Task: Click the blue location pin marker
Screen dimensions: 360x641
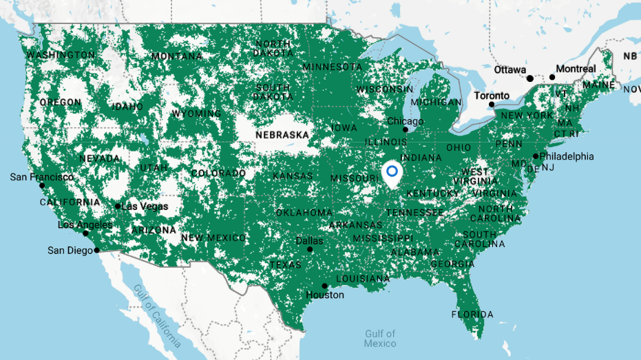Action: tap(393, 173)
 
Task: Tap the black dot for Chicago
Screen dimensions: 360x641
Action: tap(406, 129)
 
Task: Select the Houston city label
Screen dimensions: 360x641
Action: tap(325, 295)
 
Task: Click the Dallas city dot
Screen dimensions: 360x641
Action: tap(310, 250)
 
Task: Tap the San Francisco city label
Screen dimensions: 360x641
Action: tap(41, 177)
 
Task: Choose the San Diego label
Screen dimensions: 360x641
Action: tap(70, 251)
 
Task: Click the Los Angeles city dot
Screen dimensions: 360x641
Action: tap(86, 233)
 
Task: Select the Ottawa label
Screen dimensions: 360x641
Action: tap(509, 70)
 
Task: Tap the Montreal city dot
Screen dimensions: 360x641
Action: tap(552, 77)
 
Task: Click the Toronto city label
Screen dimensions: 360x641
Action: tap(492, 96)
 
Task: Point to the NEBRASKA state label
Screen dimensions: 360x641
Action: tap(282, 135)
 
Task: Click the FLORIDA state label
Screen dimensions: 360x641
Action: tap(472, 315)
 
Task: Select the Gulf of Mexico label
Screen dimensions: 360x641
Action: tap(380, 339)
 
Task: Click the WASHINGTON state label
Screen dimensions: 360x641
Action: tap(61, 55)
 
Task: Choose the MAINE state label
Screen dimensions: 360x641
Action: tap(599, 85)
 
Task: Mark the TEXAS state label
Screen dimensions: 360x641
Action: tap(285, 265)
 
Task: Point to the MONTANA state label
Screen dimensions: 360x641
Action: tap(177, 56)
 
